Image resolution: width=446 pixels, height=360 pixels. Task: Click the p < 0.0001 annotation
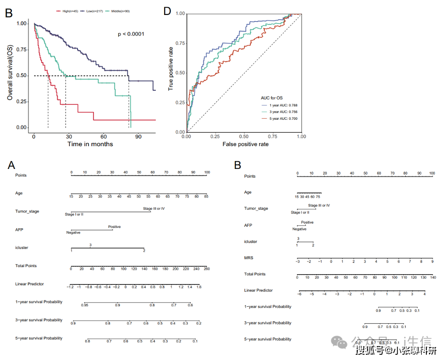[x=131, y=34]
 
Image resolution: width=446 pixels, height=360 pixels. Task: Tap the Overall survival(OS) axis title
[x=10, y=72]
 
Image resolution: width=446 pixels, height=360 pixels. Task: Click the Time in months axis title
[x=90, y=144]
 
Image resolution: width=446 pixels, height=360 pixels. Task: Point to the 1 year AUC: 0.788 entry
[x=281, y=105]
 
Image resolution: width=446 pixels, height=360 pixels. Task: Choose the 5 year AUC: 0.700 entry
[x=281, y=119]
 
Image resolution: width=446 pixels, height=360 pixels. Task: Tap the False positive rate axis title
[x=246, y=144]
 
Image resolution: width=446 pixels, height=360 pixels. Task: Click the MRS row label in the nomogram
[x=248, y=258]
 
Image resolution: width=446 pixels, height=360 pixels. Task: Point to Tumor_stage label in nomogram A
[x=26, y=211]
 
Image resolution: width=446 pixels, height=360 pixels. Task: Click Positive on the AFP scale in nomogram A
[x=115, y=227]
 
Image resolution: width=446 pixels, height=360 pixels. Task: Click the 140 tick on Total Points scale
[x=432, y=277]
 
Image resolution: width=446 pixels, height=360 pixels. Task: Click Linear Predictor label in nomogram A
[x=30, y=284]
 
